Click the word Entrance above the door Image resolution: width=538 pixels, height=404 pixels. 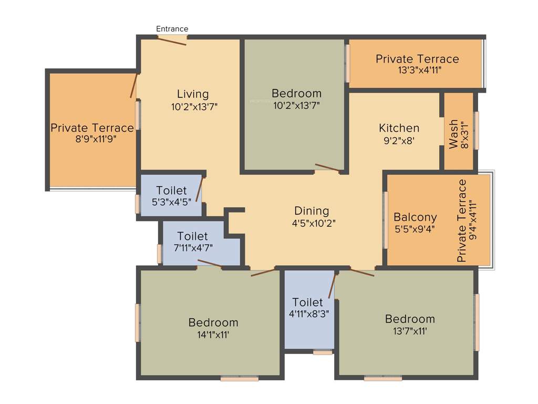(x=172, y=29)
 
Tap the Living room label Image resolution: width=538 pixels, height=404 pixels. (x=192, y=94)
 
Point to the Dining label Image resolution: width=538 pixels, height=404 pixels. (x=312, y=211)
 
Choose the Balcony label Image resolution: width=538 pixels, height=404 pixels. (x=415, y=217)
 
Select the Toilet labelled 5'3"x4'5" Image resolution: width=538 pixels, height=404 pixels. (x=171, y=190)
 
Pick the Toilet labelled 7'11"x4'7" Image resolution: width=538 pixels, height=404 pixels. (x=192, y=237)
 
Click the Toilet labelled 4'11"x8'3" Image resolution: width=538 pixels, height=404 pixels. (x=308, y=302)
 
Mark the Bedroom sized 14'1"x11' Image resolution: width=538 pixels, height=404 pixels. (x=213, y=322)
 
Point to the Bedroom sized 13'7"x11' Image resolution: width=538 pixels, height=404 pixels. (x=410, y=319)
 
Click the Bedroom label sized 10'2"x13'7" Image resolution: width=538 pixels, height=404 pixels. (x=296, y=94)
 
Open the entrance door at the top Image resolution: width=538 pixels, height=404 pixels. (x=172, y=39)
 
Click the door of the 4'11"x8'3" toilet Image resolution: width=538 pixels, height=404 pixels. (x=332, y=285)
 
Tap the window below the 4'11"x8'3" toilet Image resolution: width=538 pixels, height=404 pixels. (x=323, y=352)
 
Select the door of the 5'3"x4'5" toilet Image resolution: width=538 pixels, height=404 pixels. (x=200, y=189)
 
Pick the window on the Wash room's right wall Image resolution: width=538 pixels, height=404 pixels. (x=477, y=130)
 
